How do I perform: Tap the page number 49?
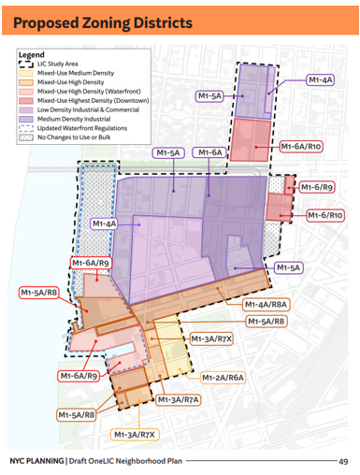click(x=343, y=461)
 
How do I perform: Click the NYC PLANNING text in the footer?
click(x=36, y=461)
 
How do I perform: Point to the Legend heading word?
click(x=32, y=54)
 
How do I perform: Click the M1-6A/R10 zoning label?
click(x=301, y=147)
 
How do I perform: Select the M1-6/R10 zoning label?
click(x=324, y=216)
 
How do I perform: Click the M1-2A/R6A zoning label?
click(x=223, y=378)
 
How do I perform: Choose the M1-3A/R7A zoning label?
click(x=179, y=399)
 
